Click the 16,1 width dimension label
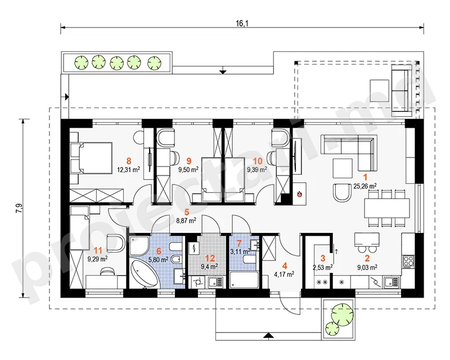[242, 23]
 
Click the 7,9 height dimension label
[20, 208]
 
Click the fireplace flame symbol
[299, 195]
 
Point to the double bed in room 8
[91, 158]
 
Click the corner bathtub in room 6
[145, 272]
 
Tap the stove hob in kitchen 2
[408, 261]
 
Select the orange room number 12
[210, 258]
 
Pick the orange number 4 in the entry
[284, 266]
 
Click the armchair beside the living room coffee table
[342, 192]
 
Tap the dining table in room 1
[386, 208]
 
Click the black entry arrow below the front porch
[268, 335]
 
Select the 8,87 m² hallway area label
[186, 220]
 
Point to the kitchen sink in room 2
[391, 282]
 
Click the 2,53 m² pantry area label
[323, 267]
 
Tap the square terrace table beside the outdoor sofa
[379, 91]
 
